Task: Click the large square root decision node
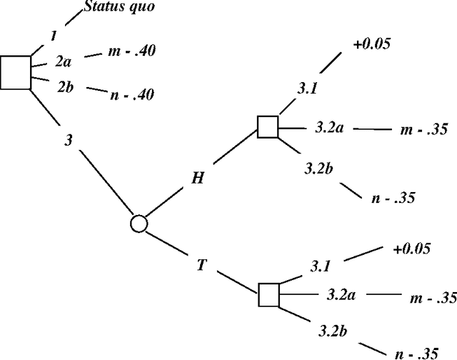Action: pos(16,72)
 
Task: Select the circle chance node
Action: pos(139,224)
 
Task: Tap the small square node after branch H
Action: pos(268,127)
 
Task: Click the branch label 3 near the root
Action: pos(69,141)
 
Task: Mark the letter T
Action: pos(202,265)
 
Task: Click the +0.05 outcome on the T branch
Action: pos(412,249)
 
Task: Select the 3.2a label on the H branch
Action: pos(329,127)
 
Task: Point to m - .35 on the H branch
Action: pos(422,129)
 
